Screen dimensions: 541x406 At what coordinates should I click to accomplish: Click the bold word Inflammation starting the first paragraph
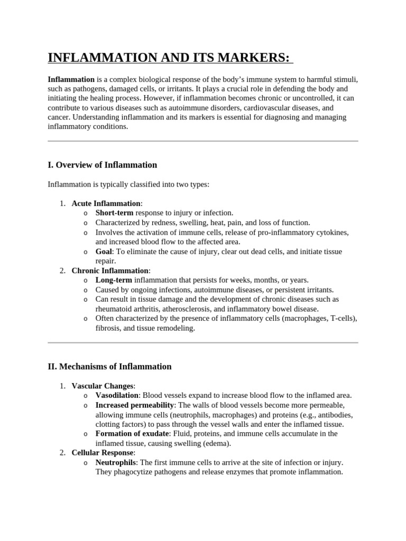[x=71, y=79]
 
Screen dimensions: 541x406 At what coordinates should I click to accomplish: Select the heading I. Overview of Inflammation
[x=102, y=165]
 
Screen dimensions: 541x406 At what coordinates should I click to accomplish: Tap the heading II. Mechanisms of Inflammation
[x=109, y=366]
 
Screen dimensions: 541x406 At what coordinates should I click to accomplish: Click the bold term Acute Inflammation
[x=106, y=203]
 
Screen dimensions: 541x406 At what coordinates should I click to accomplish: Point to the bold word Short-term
[x=114, y=213]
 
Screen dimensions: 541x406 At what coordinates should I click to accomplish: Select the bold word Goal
[x=104, y=251]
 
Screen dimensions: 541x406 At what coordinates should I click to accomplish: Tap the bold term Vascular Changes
[x=103, y=386]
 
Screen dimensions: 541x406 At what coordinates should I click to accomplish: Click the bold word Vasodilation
[x=117, y=395]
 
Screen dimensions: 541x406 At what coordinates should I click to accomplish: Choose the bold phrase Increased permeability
[x=134, y=405]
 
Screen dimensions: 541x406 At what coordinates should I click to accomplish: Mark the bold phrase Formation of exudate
[x=132, y=434]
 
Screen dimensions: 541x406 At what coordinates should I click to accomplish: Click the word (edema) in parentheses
[x=216, y=443]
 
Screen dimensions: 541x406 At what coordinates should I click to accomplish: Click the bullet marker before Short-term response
[x=85, y=213]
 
